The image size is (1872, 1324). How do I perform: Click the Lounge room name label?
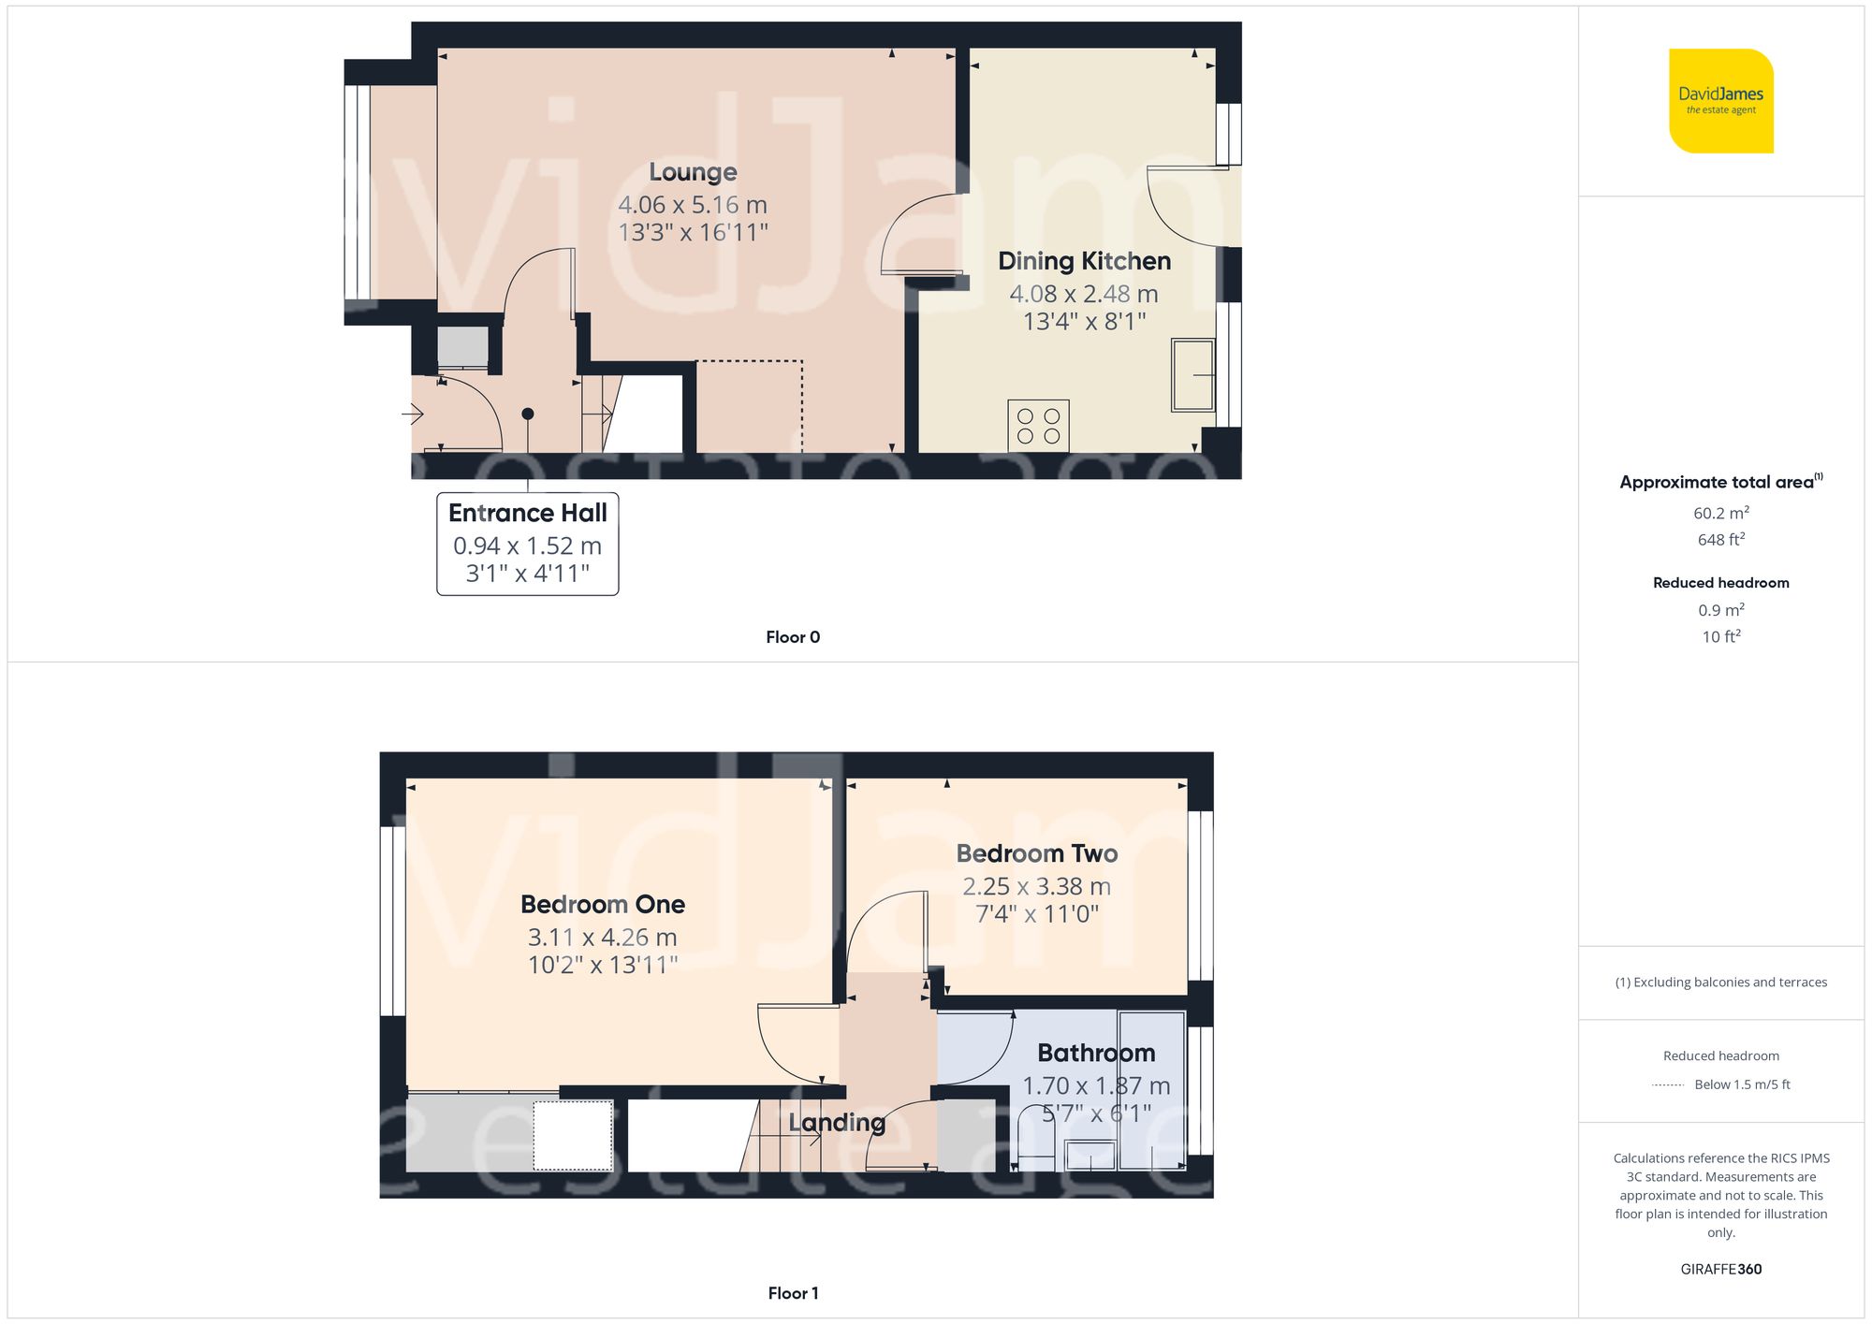tap(693, 172)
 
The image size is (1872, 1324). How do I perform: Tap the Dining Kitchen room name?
tap(1084, 261)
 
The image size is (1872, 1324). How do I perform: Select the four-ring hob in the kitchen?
tap(1038, 426)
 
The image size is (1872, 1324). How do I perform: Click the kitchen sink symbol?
tap(1192, 375)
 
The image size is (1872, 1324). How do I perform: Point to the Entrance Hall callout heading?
tap(527, 513)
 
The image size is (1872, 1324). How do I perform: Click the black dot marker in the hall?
tap(528, 414)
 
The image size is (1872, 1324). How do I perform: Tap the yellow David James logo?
tap(1720, 101)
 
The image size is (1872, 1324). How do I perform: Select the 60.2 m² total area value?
tap(1720, 513)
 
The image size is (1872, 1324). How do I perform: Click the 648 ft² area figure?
tap(1720, 540)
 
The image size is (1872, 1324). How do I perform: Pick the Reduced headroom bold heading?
tap(1720, 583)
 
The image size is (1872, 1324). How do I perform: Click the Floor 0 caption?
tap(792, 637)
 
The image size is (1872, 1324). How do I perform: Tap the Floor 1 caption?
tap(792, 1293)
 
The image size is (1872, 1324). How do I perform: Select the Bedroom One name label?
tap(602, 905)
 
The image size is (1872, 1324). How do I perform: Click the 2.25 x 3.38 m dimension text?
tap(1036, 886)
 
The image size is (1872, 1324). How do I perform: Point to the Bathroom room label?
tap(1095, 1054)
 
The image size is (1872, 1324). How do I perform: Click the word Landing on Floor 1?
tap(836, 1122)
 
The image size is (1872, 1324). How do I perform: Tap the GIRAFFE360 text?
tap(1720, 1270)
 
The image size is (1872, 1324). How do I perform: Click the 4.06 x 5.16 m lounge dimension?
tap(692, 205)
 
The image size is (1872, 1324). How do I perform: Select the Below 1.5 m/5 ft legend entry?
tap(1741, 1084)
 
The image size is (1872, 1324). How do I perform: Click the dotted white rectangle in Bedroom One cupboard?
tap(573, 1135)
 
